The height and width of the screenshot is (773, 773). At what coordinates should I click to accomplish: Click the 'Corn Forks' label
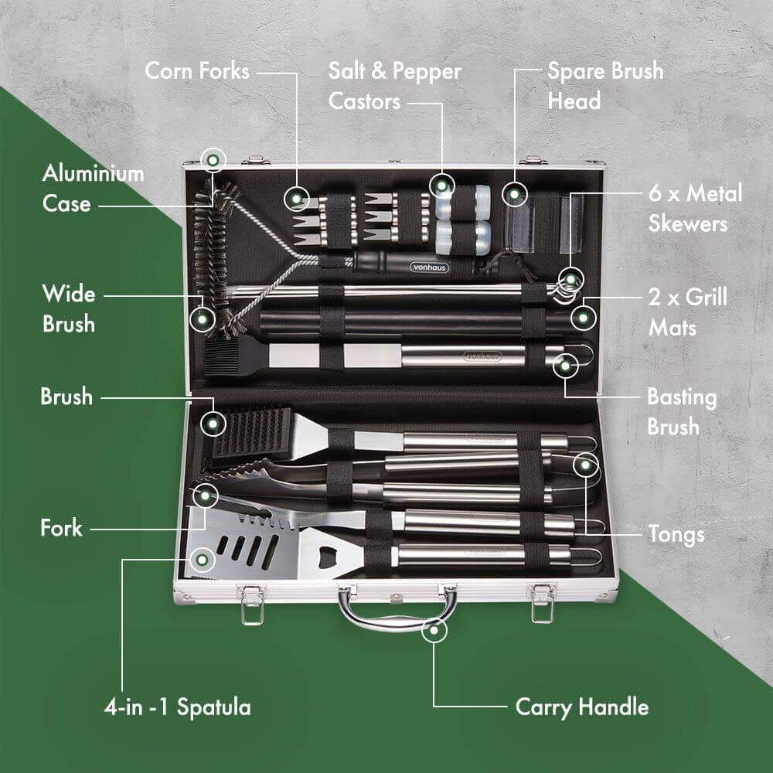197,71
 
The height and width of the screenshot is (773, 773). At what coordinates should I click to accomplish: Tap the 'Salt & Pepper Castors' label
394,86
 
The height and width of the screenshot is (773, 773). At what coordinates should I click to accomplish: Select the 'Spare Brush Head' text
605,85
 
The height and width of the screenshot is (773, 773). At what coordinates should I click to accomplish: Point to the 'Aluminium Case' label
93,188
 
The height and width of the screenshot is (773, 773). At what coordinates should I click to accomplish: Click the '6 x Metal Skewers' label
695,208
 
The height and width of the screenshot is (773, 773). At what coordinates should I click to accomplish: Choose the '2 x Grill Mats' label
687,312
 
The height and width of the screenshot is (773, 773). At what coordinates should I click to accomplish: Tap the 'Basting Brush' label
681,411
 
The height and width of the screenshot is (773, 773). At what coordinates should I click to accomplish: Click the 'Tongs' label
676,534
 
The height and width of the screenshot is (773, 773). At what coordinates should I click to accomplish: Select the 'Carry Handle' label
581,707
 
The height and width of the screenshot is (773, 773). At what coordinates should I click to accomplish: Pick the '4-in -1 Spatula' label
177,707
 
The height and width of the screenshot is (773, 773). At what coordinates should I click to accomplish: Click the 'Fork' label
61,529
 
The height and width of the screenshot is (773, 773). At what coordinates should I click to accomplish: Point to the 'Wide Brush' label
69,308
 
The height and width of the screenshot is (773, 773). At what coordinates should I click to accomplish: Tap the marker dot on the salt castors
441,186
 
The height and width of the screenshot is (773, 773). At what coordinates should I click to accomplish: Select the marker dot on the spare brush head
515,192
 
